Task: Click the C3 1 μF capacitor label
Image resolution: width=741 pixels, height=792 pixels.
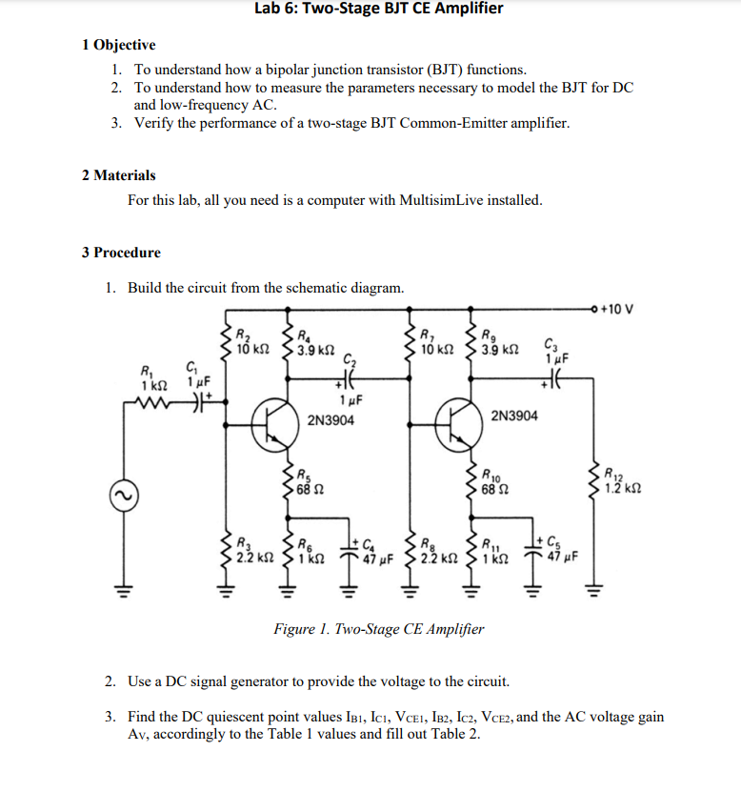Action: (x=555, y=351)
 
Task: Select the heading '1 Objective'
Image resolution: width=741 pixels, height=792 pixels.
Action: (x=119, y=45)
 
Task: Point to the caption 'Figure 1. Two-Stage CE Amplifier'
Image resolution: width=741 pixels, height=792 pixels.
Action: (x=378, y=629)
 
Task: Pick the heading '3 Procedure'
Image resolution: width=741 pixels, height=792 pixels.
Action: (x=121, y=253)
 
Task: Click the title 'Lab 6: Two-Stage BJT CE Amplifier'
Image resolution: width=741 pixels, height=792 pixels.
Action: (x=379, y=10)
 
